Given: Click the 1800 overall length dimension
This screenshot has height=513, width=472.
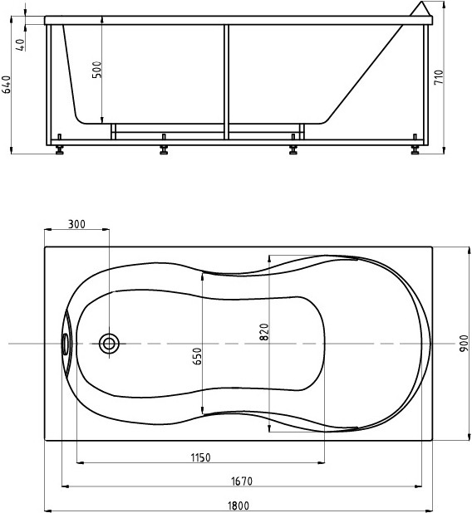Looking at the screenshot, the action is pyautogui.click(x=238, y=506).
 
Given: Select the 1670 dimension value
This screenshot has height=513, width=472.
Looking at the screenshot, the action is pyautogui.click(x=242, y=481).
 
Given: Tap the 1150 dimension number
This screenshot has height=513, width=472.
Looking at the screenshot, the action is pyautogui.click(x=200, y=457).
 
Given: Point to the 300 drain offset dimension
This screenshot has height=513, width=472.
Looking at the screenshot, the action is pyautogui.click(x=76, y=224).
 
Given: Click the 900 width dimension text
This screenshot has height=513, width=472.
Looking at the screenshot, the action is pyautogui.click(x=464, y=344).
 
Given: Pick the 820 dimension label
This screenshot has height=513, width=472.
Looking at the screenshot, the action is pyautogui.click(x=264, y=332).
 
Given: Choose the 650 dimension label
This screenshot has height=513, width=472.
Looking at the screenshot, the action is pyautogui.click(x=197, y=356).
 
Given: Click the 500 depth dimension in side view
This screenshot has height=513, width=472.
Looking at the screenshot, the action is pyautogui.click(x=97, y=70).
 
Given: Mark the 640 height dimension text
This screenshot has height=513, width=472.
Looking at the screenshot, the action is pyautogui.click(x=7, y=85).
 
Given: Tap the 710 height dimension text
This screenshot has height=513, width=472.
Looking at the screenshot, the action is pyautogui.click(x=439, y=77).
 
